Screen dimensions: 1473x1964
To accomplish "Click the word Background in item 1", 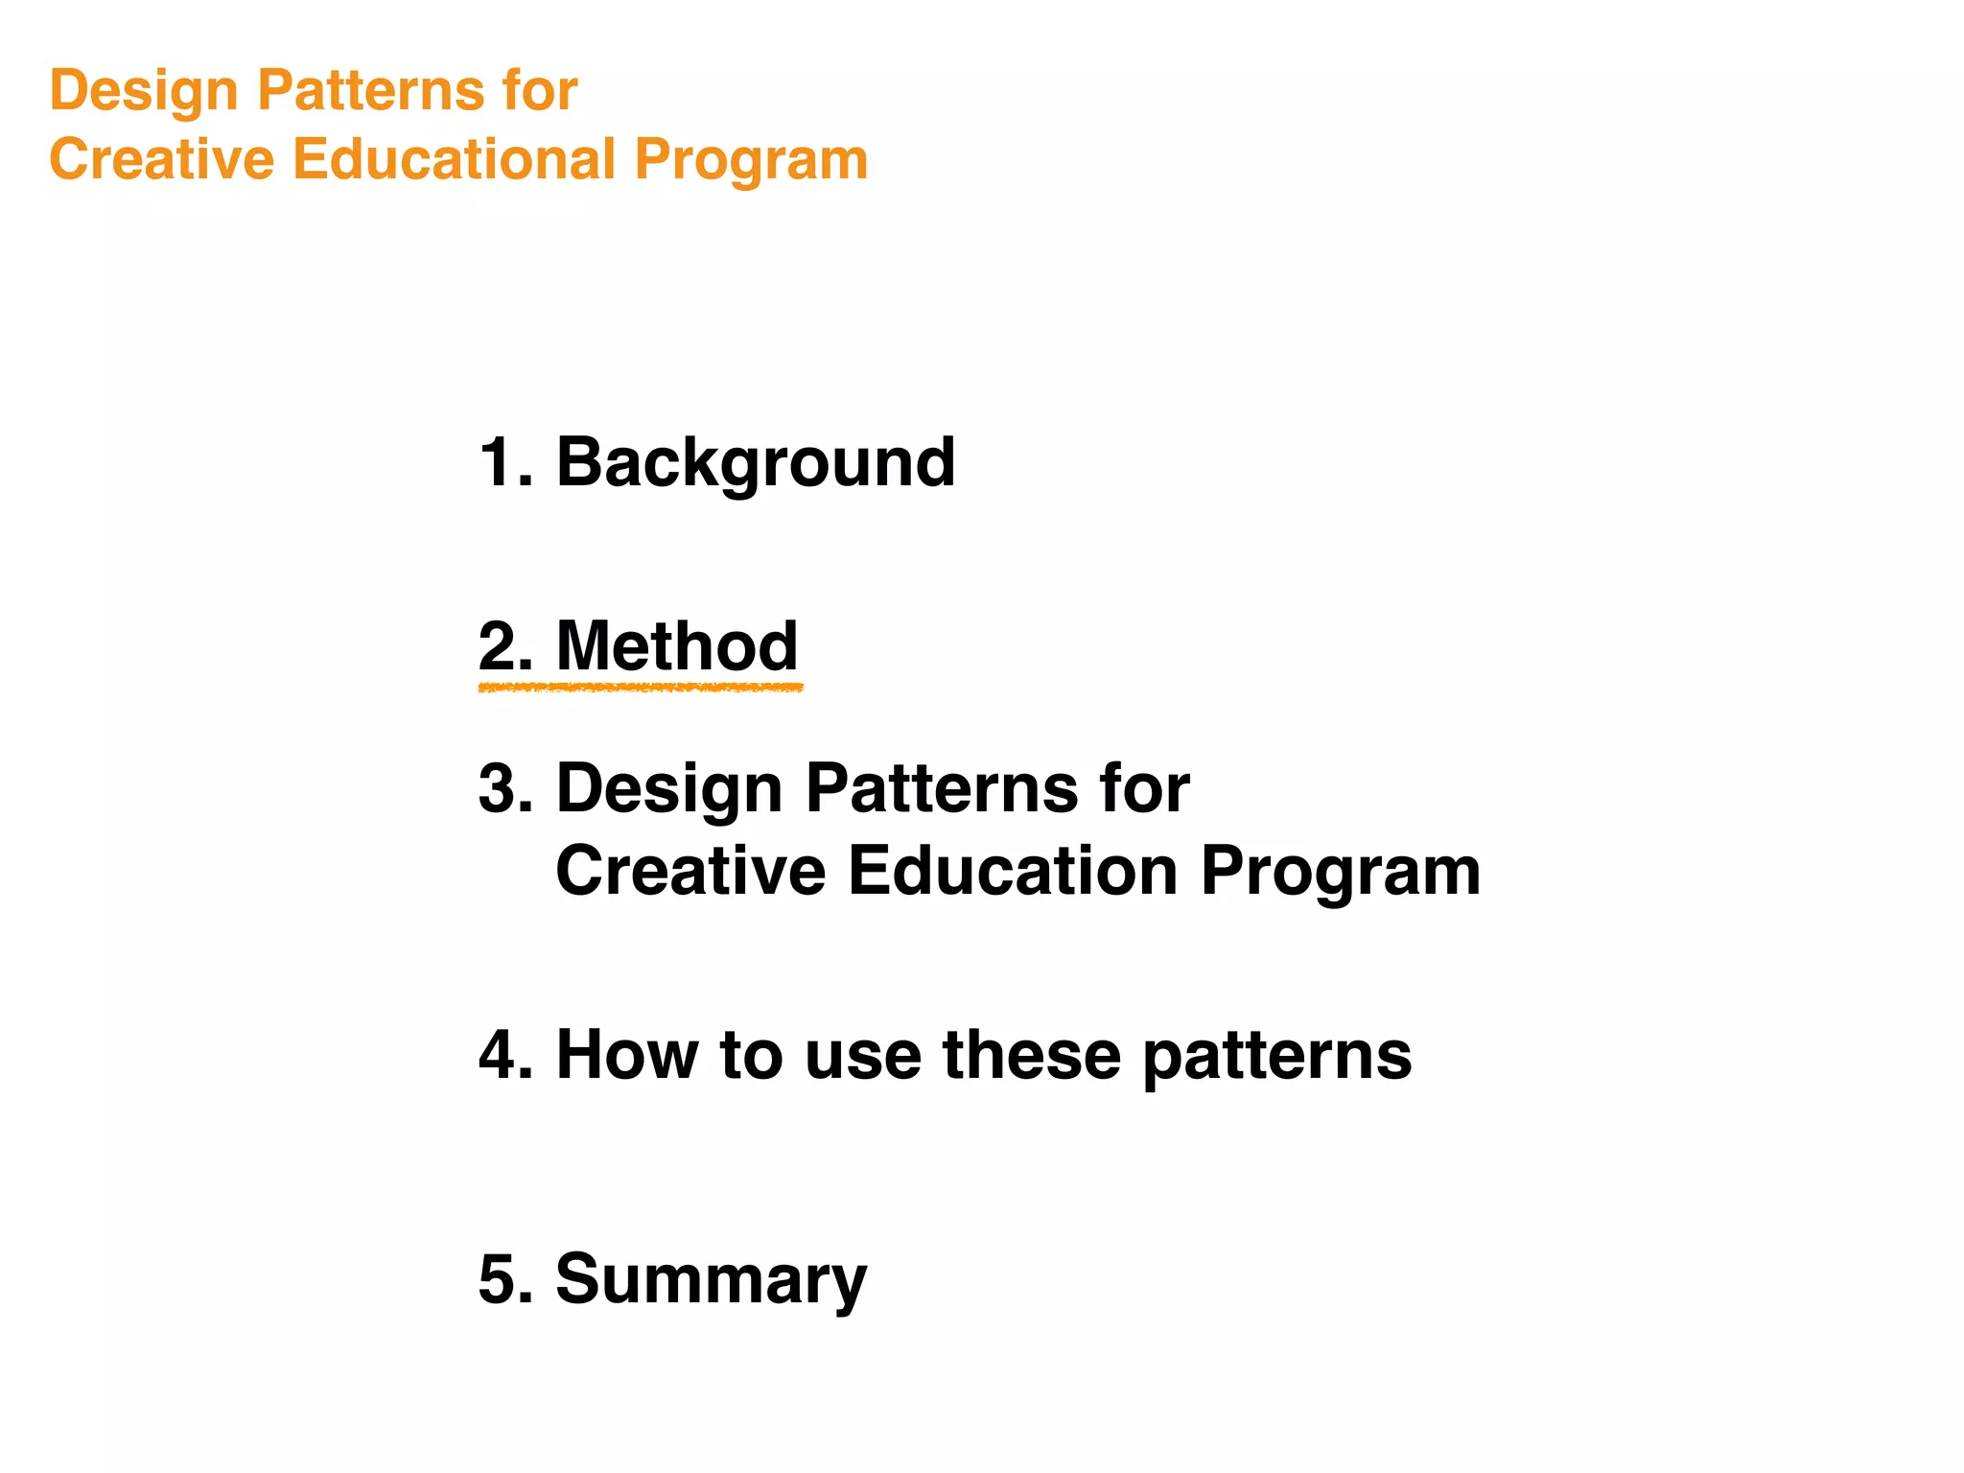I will (755, 463).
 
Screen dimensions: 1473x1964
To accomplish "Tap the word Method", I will (676, 646).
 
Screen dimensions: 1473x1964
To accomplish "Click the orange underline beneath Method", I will (640, 688).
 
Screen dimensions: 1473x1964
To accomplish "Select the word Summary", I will (711, 1279).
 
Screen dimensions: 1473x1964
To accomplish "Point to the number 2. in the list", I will (505, 646).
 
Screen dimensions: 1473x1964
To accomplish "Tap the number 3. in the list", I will (505, 789).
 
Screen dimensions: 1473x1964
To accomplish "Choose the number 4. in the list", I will (505, 1055).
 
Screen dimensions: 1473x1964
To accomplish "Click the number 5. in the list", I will (505, 1279).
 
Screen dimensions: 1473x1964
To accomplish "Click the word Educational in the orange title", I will (453, 159).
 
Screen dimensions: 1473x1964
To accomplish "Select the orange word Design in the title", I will (144, 91).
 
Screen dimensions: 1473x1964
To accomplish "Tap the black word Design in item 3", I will (669, 789).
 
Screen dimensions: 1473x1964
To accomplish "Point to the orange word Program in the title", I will (751, 161).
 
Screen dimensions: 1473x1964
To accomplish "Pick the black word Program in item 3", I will (1340, 873).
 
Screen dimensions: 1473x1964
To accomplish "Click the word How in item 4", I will (627, 1055).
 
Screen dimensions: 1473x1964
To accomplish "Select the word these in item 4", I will (1032, 1055).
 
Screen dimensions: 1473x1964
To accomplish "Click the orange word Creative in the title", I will (161, 159).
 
